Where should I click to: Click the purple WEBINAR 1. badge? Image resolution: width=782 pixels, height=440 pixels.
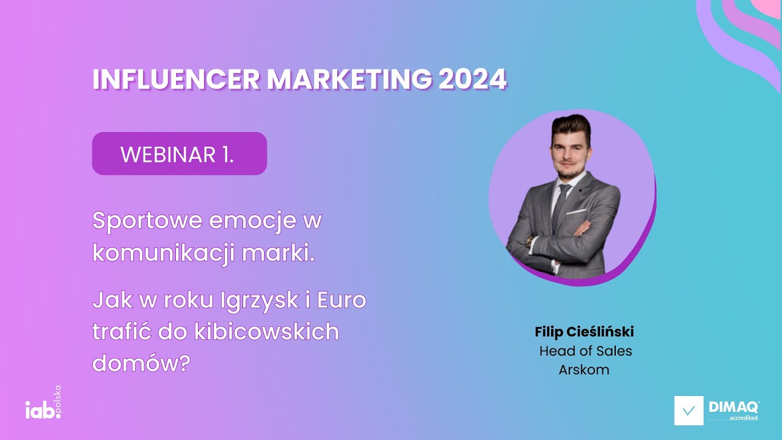click(179, 154)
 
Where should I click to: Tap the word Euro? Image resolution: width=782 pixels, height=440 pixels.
click(342, 301)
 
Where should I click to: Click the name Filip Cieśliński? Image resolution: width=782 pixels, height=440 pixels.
click(584, 332)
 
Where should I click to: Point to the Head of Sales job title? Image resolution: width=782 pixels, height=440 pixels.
click(585, 351)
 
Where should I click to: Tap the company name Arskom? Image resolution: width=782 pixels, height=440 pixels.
click(584, 370)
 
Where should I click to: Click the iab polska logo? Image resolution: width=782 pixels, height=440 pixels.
click(43, 405)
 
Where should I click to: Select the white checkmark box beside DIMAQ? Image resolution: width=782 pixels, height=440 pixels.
click(689, 411)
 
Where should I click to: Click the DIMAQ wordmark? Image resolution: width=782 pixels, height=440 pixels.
click(733, 406)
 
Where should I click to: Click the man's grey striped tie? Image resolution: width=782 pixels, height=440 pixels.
click(560, 205)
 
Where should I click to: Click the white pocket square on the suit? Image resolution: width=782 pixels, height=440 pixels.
click(577, 212)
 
